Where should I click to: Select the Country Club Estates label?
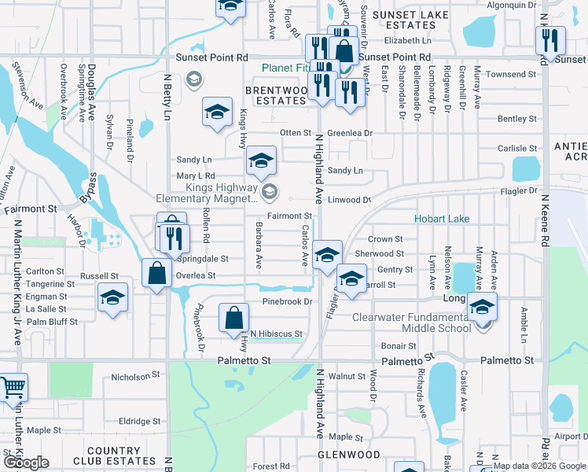click(118, 456)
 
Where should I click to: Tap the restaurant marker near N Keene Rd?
click(550, 39)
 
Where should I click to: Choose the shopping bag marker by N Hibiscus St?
click(233, 318)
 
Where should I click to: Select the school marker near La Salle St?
click(113, 298)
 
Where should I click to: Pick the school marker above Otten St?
click(217, 112)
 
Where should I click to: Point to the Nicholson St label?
click(135, 377)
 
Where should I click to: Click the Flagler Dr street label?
click(520, 191)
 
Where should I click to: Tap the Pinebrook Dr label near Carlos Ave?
click(287, 301)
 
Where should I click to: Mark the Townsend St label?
click(511, 75)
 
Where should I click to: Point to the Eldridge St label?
click(139, 422)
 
